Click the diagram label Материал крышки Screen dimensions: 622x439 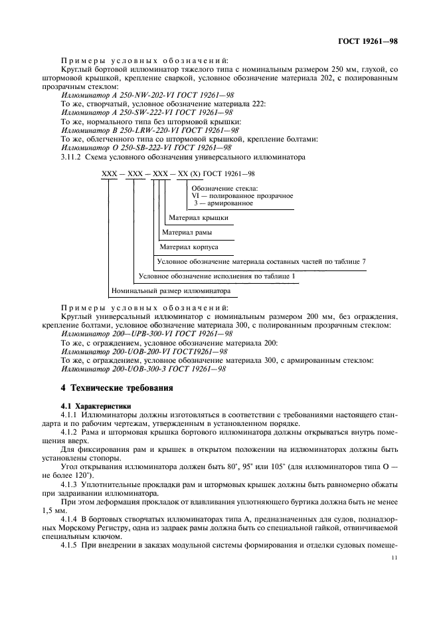199,217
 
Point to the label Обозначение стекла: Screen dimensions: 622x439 223,188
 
